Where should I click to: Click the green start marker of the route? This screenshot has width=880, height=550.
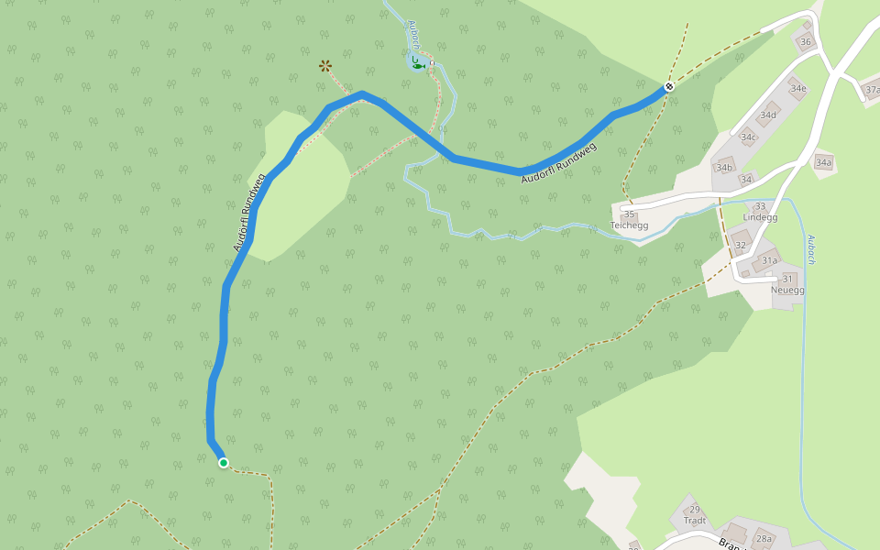tap(223, 463)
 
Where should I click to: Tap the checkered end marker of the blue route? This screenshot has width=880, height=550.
tap(670, 87)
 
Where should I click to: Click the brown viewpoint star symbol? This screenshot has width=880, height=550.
tap(324, 65)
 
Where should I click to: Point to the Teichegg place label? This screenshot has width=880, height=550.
tap(629, 225)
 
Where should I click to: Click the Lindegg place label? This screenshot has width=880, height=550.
tap(760, 217)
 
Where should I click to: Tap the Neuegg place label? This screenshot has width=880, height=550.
tap(786, 290)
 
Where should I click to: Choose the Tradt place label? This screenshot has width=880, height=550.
tap(694, 521)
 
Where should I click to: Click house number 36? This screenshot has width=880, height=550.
tap(806, 42)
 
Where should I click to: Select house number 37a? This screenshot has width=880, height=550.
tap(873, 90)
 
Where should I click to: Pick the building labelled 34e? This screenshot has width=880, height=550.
tap(797, 89)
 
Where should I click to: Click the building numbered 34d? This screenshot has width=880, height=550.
tap(767, 115)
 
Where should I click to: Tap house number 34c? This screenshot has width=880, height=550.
tap(749, 137)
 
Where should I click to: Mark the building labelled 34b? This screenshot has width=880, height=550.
tap(724, 168)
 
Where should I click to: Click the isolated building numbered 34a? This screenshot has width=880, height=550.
tap(823, 162)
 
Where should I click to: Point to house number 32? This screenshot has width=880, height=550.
tap(740, 245)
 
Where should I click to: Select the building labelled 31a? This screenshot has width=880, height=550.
tap(769, 260)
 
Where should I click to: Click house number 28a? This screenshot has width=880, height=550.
tap(764, 539)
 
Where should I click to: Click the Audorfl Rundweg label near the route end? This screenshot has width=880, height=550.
tap(559, 162)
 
